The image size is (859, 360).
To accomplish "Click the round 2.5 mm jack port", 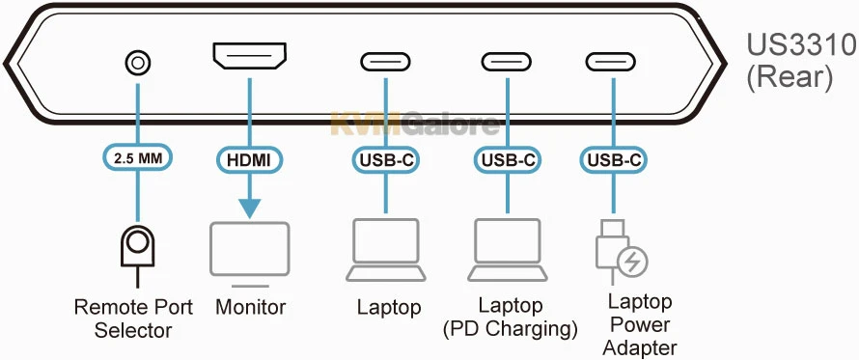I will point(139,64).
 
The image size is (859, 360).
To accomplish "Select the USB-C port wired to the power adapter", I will point(611,63).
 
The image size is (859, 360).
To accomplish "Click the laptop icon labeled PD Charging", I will point(507,249).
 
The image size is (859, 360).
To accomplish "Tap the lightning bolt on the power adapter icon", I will point(633,260).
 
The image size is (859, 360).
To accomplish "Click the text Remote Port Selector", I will point(134,319).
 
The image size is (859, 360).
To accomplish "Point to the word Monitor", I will point(250,308).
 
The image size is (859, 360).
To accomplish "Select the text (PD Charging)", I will point(510,329).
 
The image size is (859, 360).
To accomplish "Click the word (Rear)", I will point(790,77).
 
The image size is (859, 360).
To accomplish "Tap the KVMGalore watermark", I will point(414,124).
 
